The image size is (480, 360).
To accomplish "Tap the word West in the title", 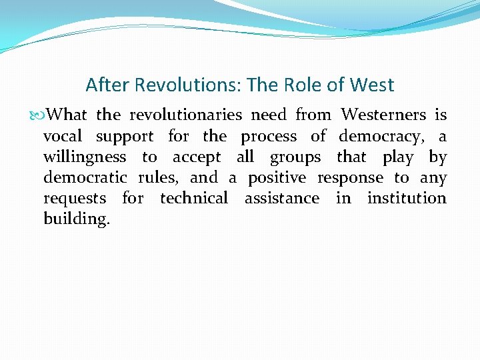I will click(x=371, y=85).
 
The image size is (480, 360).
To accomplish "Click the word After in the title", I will click(x=109, y=85).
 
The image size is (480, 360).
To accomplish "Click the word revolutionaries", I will click(x=185, y=115).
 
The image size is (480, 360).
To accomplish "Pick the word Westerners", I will click(x=383, y=115).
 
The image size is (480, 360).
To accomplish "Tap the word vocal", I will click(x=63, y=137).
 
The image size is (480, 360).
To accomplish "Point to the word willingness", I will click(x=85, y=158).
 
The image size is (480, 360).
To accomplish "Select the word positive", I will click(x=277, y=179).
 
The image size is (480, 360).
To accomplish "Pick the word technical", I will click(x=194, y=198).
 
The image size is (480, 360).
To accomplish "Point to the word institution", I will click(x=407, y=198).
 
